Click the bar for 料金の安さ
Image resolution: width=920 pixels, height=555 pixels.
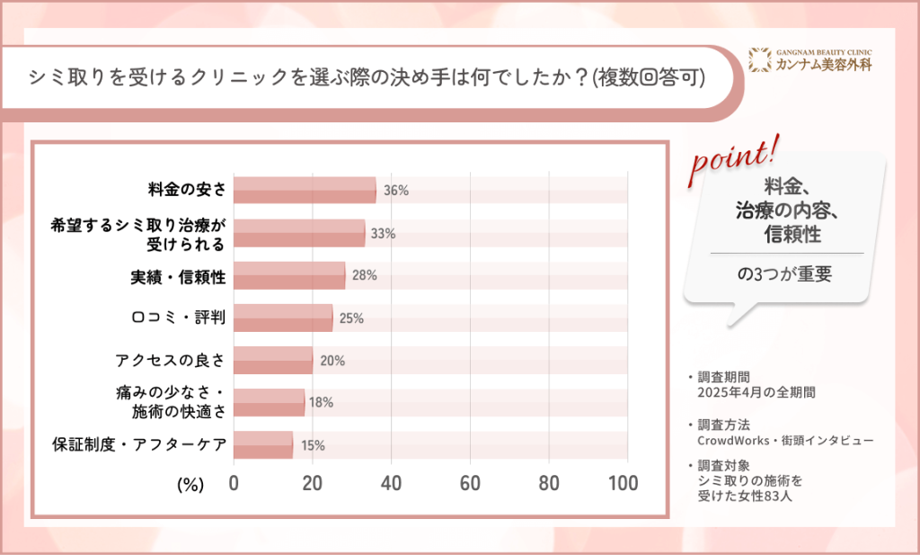(305, 191)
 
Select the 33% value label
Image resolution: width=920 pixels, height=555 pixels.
(384, 234)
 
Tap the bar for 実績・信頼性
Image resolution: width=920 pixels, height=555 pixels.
(289, 275)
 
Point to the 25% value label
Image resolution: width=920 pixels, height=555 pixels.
(351, 318)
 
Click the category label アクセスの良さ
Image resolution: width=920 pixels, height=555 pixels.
(170, 361)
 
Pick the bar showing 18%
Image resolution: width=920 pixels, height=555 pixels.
(269, 402)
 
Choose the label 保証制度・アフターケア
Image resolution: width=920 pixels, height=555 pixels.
(139, 444)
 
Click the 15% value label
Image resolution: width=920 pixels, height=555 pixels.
(313, 445)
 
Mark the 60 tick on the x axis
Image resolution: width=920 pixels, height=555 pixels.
(470, 483)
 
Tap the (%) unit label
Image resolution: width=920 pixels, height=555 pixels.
(190, 484)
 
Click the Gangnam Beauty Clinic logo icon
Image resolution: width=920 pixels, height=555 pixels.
(761, 59)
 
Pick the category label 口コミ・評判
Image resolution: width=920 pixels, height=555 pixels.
(176, 318)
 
